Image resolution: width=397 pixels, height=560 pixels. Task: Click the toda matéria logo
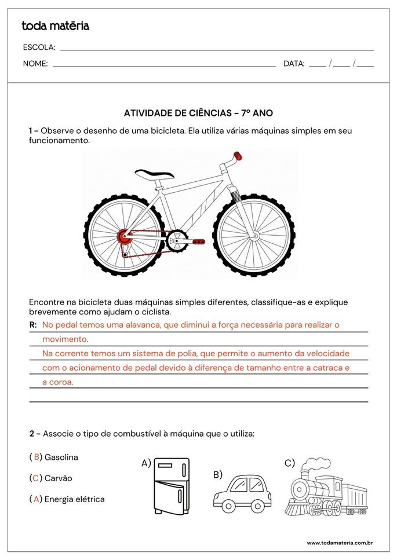click(55, 26)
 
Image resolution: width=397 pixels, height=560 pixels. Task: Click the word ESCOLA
click(39, 47)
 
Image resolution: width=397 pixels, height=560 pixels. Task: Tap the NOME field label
click(35, 64)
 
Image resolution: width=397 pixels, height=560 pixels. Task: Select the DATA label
click(294, 64)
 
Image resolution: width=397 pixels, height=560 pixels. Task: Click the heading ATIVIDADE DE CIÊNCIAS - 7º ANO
click(198, 114)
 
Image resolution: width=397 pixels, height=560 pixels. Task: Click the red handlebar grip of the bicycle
click(236, 156)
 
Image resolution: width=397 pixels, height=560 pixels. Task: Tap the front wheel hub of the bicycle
click(254, 236)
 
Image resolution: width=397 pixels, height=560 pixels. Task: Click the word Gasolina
click(61, 457)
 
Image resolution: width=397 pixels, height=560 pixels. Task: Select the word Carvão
click(58, 478)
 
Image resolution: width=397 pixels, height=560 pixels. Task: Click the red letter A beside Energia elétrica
click(37, 499)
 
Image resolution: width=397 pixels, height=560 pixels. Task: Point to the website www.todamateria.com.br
click(339, 543)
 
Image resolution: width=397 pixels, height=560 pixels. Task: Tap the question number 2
click(32, 433)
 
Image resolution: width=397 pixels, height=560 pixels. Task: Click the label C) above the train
click(289, 463)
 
